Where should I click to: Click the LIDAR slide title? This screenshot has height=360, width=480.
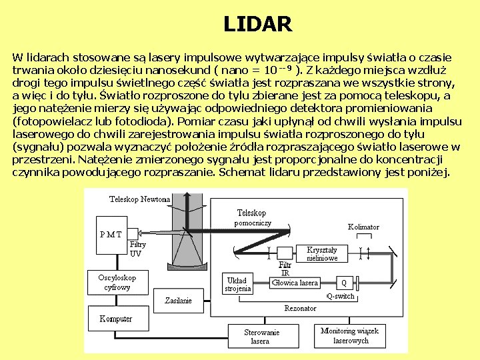(x=257, y=25)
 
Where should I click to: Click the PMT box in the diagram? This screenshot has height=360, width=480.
(x=111, y=235)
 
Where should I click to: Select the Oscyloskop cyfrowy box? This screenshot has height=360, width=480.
(x=117, y=282)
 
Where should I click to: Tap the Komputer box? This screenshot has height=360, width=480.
(x=117, y=319)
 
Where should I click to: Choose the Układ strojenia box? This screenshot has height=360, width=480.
(x=237, y=284)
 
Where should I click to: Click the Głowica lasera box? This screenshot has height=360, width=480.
(x=295, y=283)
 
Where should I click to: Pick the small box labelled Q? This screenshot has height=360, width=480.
(x=344, y=282)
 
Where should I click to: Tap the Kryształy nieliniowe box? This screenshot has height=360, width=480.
(x=322, y=253)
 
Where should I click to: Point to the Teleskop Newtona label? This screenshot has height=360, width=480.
(x=139, y=199)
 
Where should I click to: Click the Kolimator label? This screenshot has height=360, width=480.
(x=363, y=227)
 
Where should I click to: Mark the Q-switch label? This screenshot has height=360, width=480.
(x=340, y=296)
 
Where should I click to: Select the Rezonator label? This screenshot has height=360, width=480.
(x=300, y=308)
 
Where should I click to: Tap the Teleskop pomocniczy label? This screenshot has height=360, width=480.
(x=253, y=218)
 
